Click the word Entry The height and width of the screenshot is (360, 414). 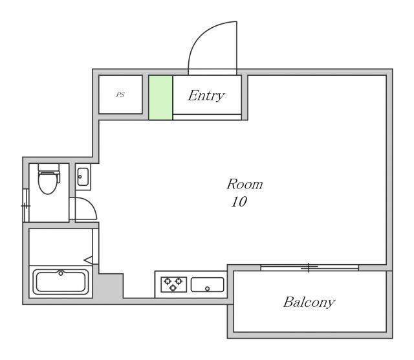pos(206,96)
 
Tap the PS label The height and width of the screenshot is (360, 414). pos(120,95)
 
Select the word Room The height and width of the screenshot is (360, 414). pos(245,184)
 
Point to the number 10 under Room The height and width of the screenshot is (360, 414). pos(239,202)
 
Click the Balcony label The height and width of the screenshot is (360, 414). pos(309,302)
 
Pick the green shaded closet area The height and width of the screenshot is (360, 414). pos(160,98)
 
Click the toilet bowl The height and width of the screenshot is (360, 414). pos(48,183)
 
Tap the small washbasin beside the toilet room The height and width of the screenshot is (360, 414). pos(83,177)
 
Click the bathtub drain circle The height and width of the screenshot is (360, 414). pos(61,273)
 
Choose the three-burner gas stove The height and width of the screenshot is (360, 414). pos(174,284)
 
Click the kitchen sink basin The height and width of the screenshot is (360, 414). pos(207,285)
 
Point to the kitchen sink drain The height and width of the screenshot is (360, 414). pos(207,289)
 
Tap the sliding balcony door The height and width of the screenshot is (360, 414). pos(309,267)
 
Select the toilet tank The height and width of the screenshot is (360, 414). pos(49,167)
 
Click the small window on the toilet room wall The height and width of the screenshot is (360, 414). pos(26,205)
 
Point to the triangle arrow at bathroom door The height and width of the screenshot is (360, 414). pos(88,260)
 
